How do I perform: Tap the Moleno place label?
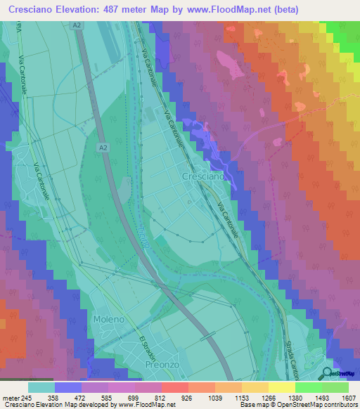[x=108, y=319]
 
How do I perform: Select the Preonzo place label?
[x=163, y=364]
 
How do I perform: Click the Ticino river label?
[x=143, y=240]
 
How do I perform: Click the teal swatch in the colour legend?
[x=41, y=387]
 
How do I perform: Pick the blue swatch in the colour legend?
[x=68, y=387]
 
